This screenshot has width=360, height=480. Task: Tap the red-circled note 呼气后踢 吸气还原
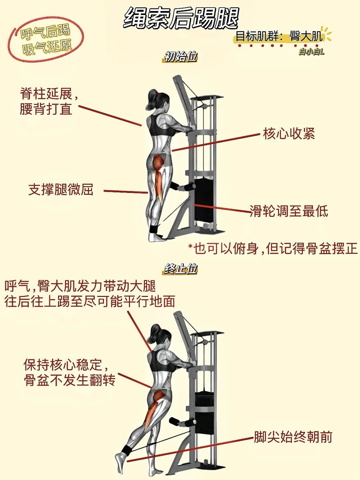(x=46, y=40)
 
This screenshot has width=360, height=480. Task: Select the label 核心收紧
(x=289, y=133)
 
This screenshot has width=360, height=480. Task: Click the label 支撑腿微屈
(x=61, y=189)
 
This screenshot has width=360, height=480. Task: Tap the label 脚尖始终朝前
(x=293, y=437)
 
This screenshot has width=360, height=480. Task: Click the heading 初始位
(x=181, y=57)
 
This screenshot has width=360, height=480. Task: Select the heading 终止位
(x=181, y=269)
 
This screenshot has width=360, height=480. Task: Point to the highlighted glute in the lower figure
(x=159, y=396)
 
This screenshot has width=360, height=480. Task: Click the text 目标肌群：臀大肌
(x=279, y=36)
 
